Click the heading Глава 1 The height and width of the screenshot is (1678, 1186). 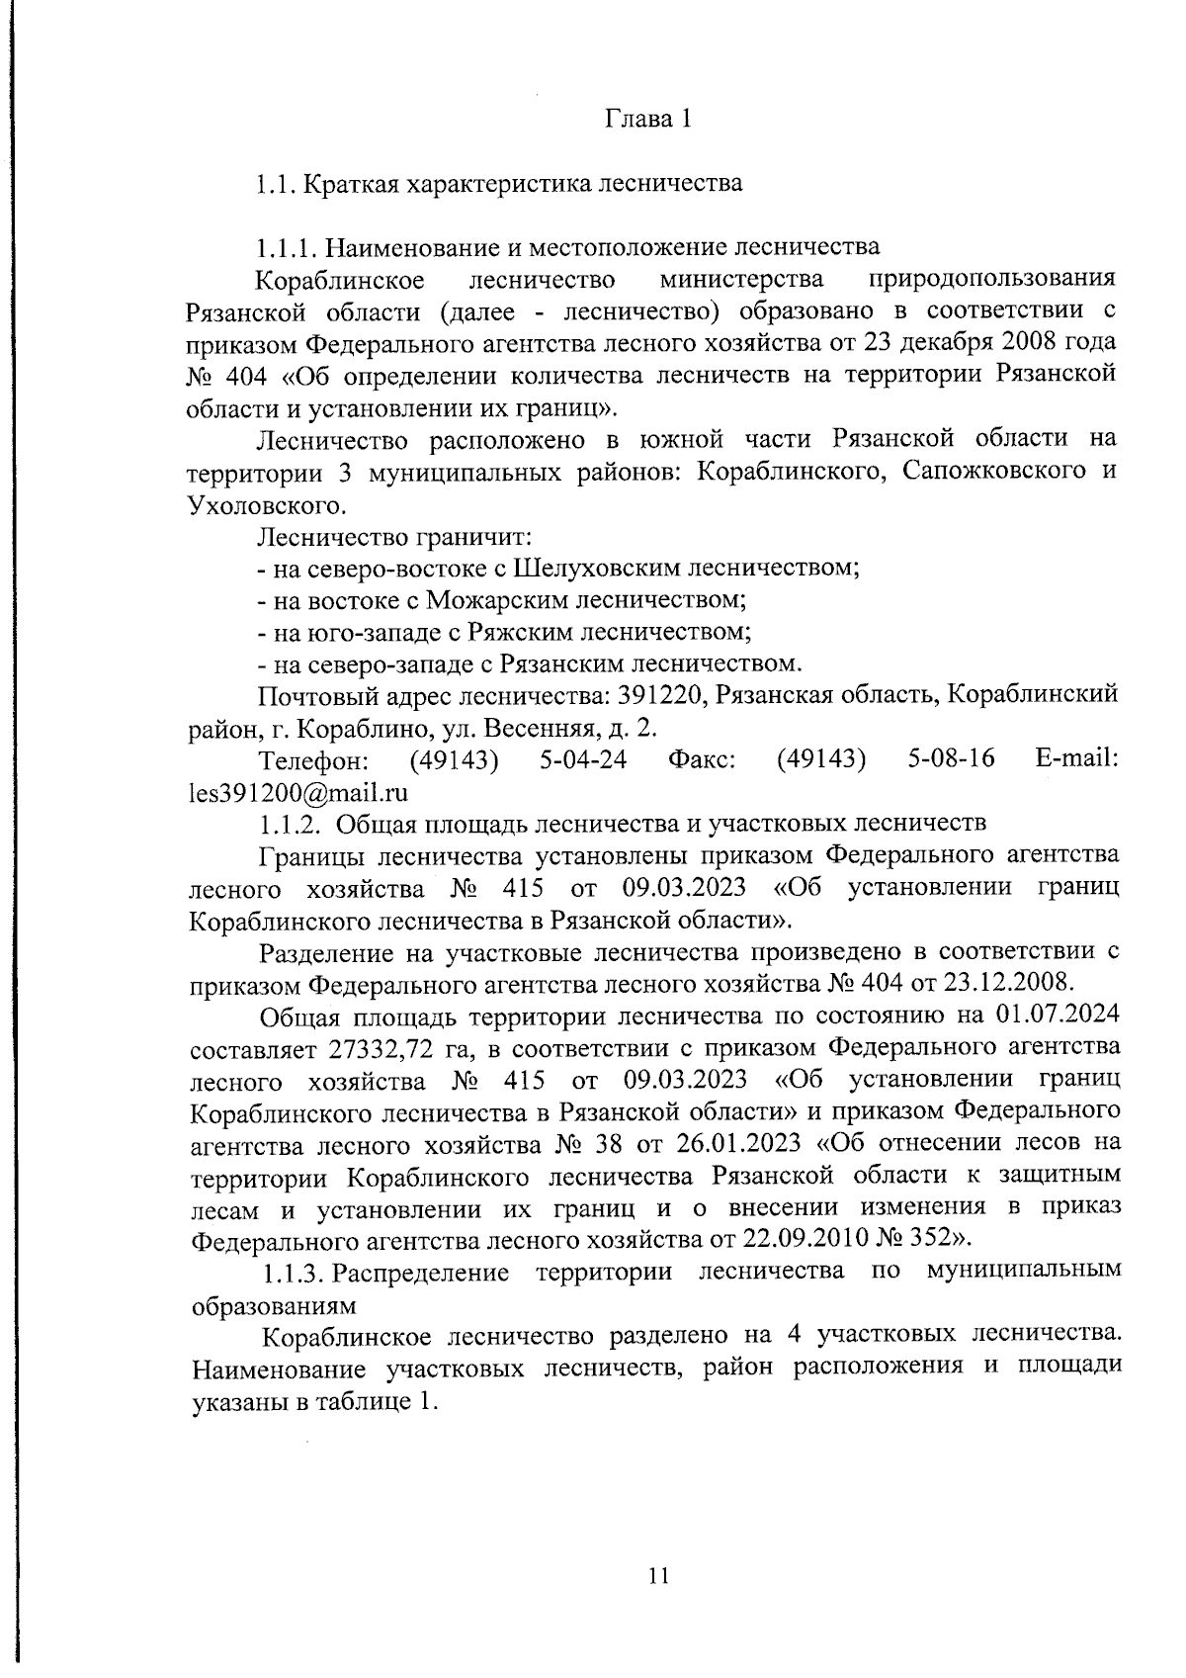click(647, 120)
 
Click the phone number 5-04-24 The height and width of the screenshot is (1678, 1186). click(583, 759)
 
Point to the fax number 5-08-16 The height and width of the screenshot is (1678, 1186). click(950, 759)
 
